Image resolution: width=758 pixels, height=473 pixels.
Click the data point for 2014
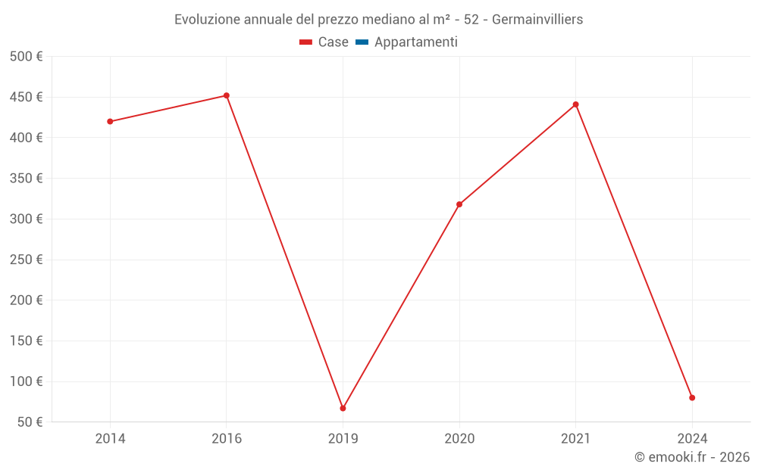110,121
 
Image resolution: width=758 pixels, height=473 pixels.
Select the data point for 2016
227,95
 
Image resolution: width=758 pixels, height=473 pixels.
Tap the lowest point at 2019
343,408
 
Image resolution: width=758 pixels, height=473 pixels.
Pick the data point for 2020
459,204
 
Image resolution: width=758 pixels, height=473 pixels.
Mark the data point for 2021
576,104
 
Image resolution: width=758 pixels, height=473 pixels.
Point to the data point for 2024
692,397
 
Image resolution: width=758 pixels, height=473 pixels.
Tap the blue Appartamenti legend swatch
362,42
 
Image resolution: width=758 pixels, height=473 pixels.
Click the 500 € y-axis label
27,57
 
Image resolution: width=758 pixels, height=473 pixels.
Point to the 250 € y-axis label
27,260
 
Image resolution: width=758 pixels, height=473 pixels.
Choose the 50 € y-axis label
30,422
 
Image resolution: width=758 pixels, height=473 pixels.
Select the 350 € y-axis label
27,179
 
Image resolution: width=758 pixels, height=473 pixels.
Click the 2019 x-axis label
343,439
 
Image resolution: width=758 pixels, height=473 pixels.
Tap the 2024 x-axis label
692,439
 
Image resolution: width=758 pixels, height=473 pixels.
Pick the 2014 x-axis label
110,439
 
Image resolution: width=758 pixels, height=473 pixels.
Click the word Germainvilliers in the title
537,20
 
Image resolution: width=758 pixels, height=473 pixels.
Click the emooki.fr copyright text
692,457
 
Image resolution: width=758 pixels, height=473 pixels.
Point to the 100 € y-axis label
27,381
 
